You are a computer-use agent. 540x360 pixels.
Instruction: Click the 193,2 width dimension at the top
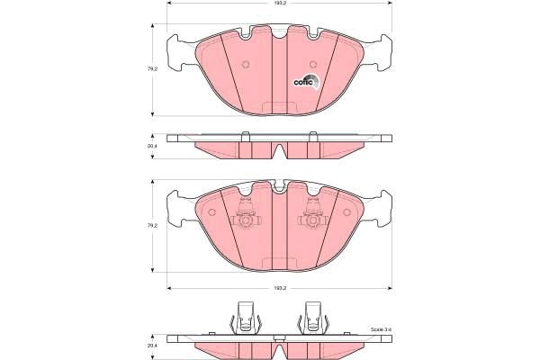coord(280,4)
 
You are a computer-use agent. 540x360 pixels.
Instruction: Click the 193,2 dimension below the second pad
coord(280,288)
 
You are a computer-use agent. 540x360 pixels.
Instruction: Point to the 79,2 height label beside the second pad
coord(152,225)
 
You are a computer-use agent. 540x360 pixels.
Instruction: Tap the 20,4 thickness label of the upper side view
coord(152,146)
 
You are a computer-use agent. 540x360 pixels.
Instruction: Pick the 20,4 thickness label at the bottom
coord(152,345)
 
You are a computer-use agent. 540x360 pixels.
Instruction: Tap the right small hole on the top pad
coord(311,64)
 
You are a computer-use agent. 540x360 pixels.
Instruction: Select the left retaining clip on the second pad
coord(245,216)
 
